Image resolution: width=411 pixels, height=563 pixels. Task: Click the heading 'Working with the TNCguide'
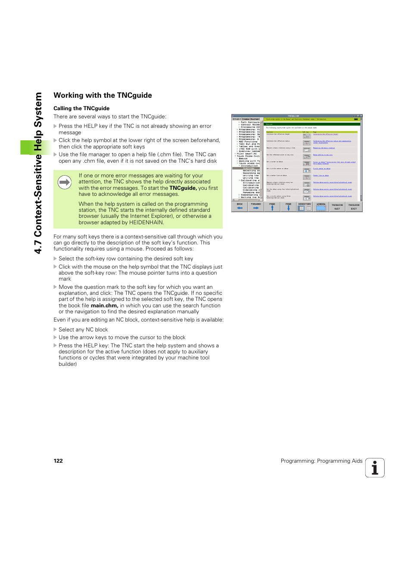103,96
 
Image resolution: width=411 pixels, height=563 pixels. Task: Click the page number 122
58,461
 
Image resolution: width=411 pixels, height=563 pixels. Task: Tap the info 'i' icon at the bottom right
375,468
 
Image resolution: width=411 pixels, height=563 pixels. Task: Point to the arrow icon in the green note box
65,183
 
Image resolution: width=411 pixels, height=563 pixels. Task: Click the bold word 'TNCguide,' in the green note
183,188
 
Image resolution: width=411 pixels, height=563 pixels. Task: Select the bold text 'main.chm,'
104,306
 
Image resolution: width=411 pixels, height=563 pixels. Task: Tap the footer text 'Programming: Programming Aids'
321,461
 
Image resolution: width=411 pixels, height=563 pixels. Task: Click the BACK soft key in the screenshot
240,207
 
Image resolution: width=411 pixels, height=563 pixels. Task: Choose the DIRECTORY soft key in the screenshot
305,207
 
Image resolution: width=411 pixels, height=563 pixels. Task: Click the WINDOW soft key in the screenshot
321,207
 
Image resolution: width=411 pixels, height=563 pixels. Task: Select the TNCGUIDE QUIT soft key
337,207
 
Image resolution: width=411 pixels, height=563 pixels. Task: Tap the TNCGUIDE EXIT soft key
354,207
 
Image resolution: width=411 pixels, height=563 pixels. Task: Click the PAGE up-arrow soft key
272,207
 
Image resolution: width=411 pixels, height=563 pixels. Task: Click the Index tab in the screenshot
246,119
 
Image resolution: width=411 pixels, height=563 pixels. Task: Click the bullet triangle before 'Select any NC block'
55,330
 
